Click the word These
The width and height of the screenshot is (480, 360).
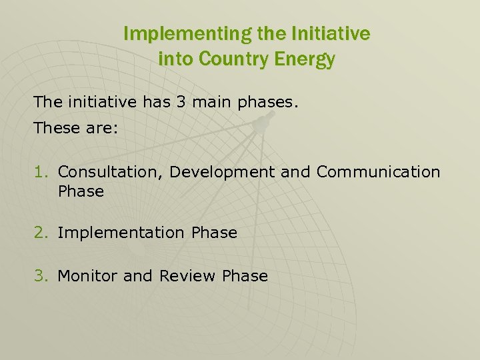pos(57,128)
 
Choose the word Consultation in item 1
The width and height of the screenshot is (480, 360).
pos(111,172)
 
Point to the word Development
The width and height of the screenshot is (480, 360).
pos(222,172)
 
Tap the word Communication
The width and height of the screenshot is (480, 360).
pos(378,172)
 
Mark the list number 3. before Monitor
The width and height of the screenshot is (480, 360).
pos(43,276)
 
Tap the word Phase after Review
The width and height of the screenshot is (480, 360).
pos(245,276)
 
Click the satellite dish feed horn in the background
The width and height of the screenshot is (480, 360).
pos(262,122)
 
